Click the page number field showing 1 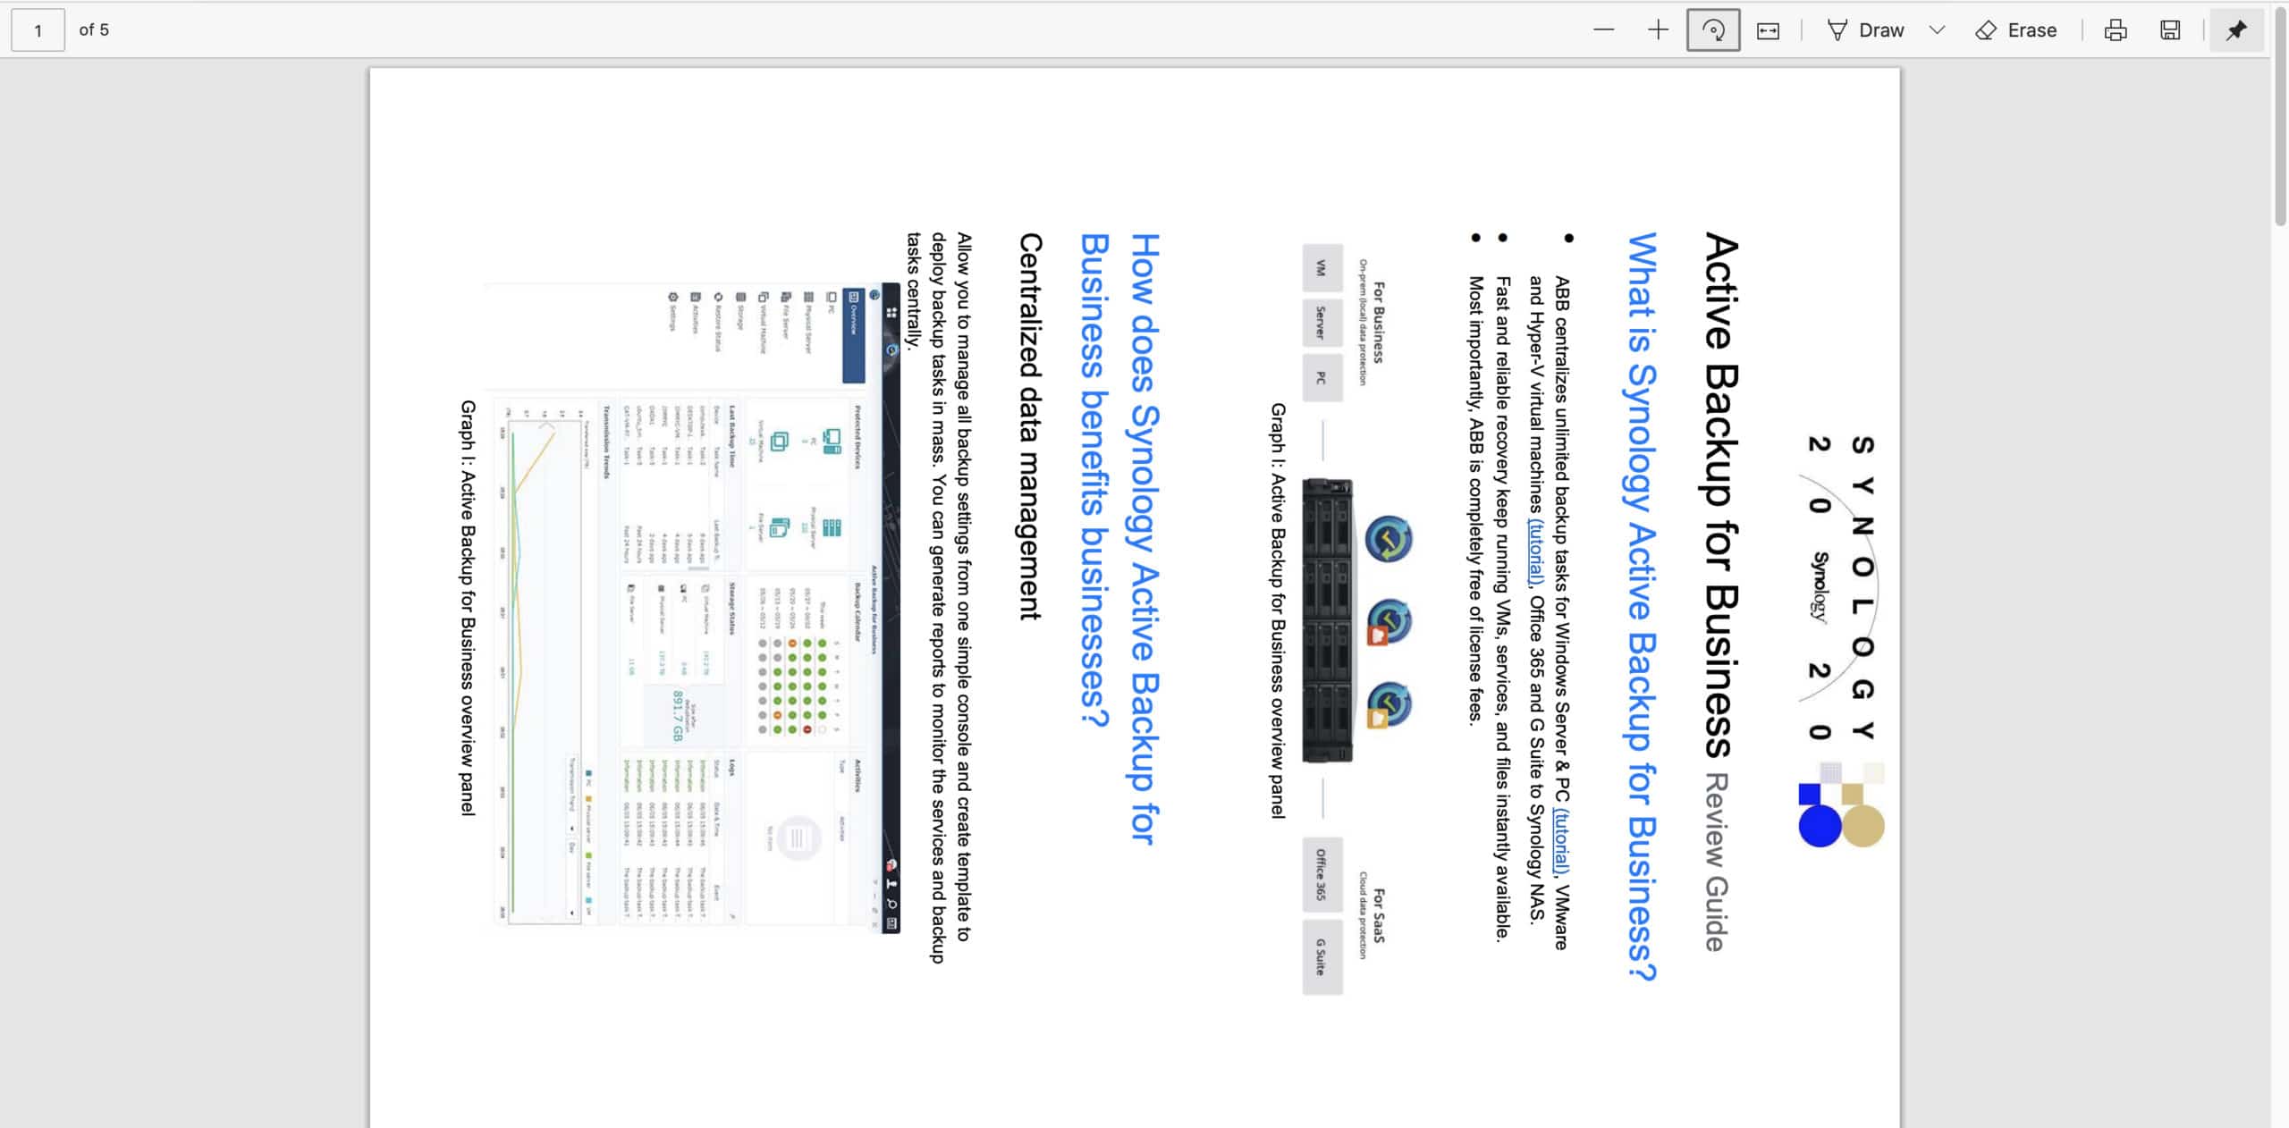pos(38,30)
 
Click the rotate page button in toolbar pos(1712,30)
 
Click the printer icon pos(2115,30)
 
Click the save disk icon pos(2170,30)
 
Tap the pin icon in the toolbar pos(2235,30)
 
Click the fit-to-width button pos(1768,30)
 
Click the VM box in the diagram pos(1322,268)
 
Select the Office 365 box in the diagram pos(1322,875)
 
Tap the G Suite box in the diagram pos(1322,957)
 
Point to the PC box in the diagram pos(1322,378)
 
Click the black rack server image pos(1327,620)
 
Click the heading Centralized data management pos(1030,426)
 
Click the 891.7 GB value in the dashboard pos(677,715)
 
